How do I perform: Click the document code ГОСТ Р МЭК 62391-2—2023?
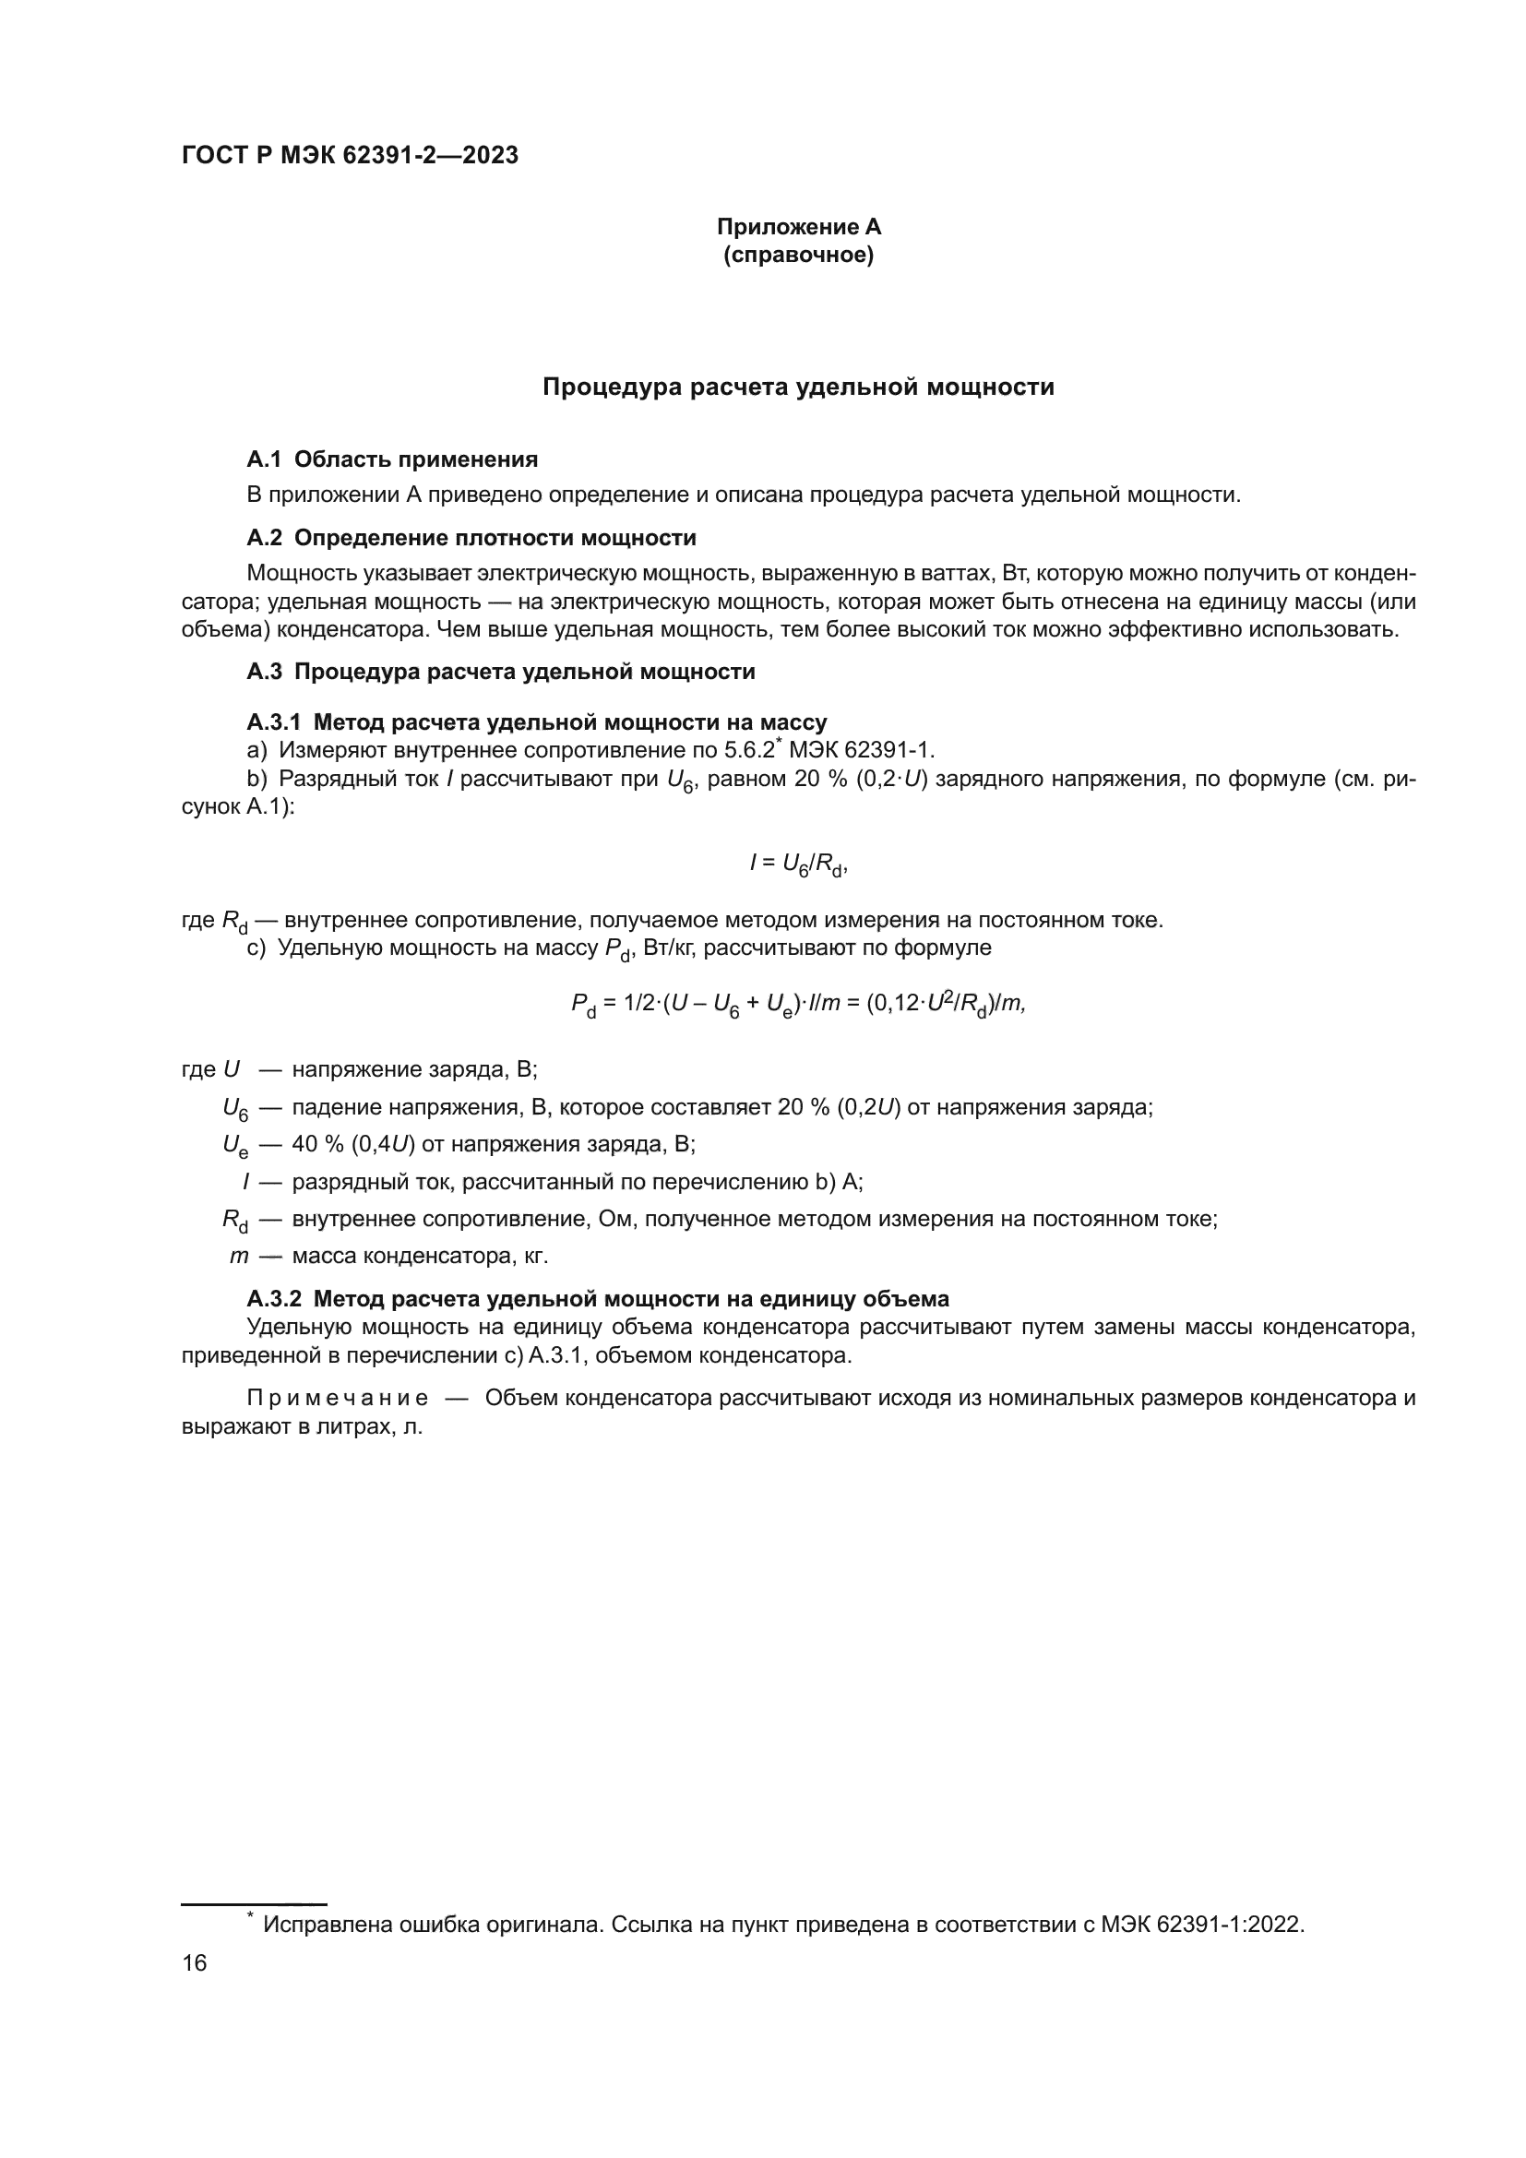point(350,155)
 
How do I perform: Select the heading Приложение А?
point(799,227)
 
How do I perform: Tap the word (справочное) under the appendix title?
point(799,256)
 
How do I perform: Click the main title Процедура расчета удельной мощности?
point(799,387)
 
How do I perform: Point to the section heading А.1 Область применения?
point(392,459)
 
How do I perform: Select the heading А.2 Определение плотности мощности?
point(471,538)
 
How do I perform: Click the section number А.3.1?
point(273,721)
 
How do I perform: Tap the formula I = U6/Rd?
point(799,864)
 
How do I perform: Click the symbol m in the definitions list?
point(239,1256)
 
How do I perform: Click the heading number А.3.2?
point(273,1299)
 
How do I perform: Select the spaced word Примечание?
point(338,1398)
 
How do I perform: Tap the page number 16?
point(195,1962)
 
